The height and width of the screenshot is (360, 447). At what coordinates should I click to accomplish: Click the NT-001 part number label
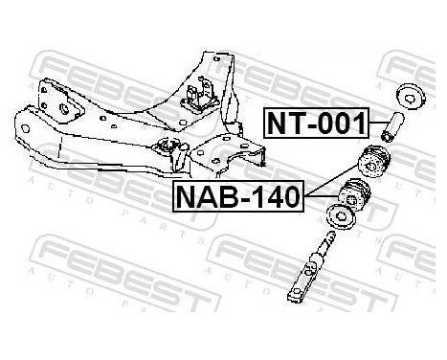coord(313,123)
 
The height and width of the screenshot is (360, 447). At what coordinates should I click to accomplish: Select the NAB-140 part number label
coord(237,197)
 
